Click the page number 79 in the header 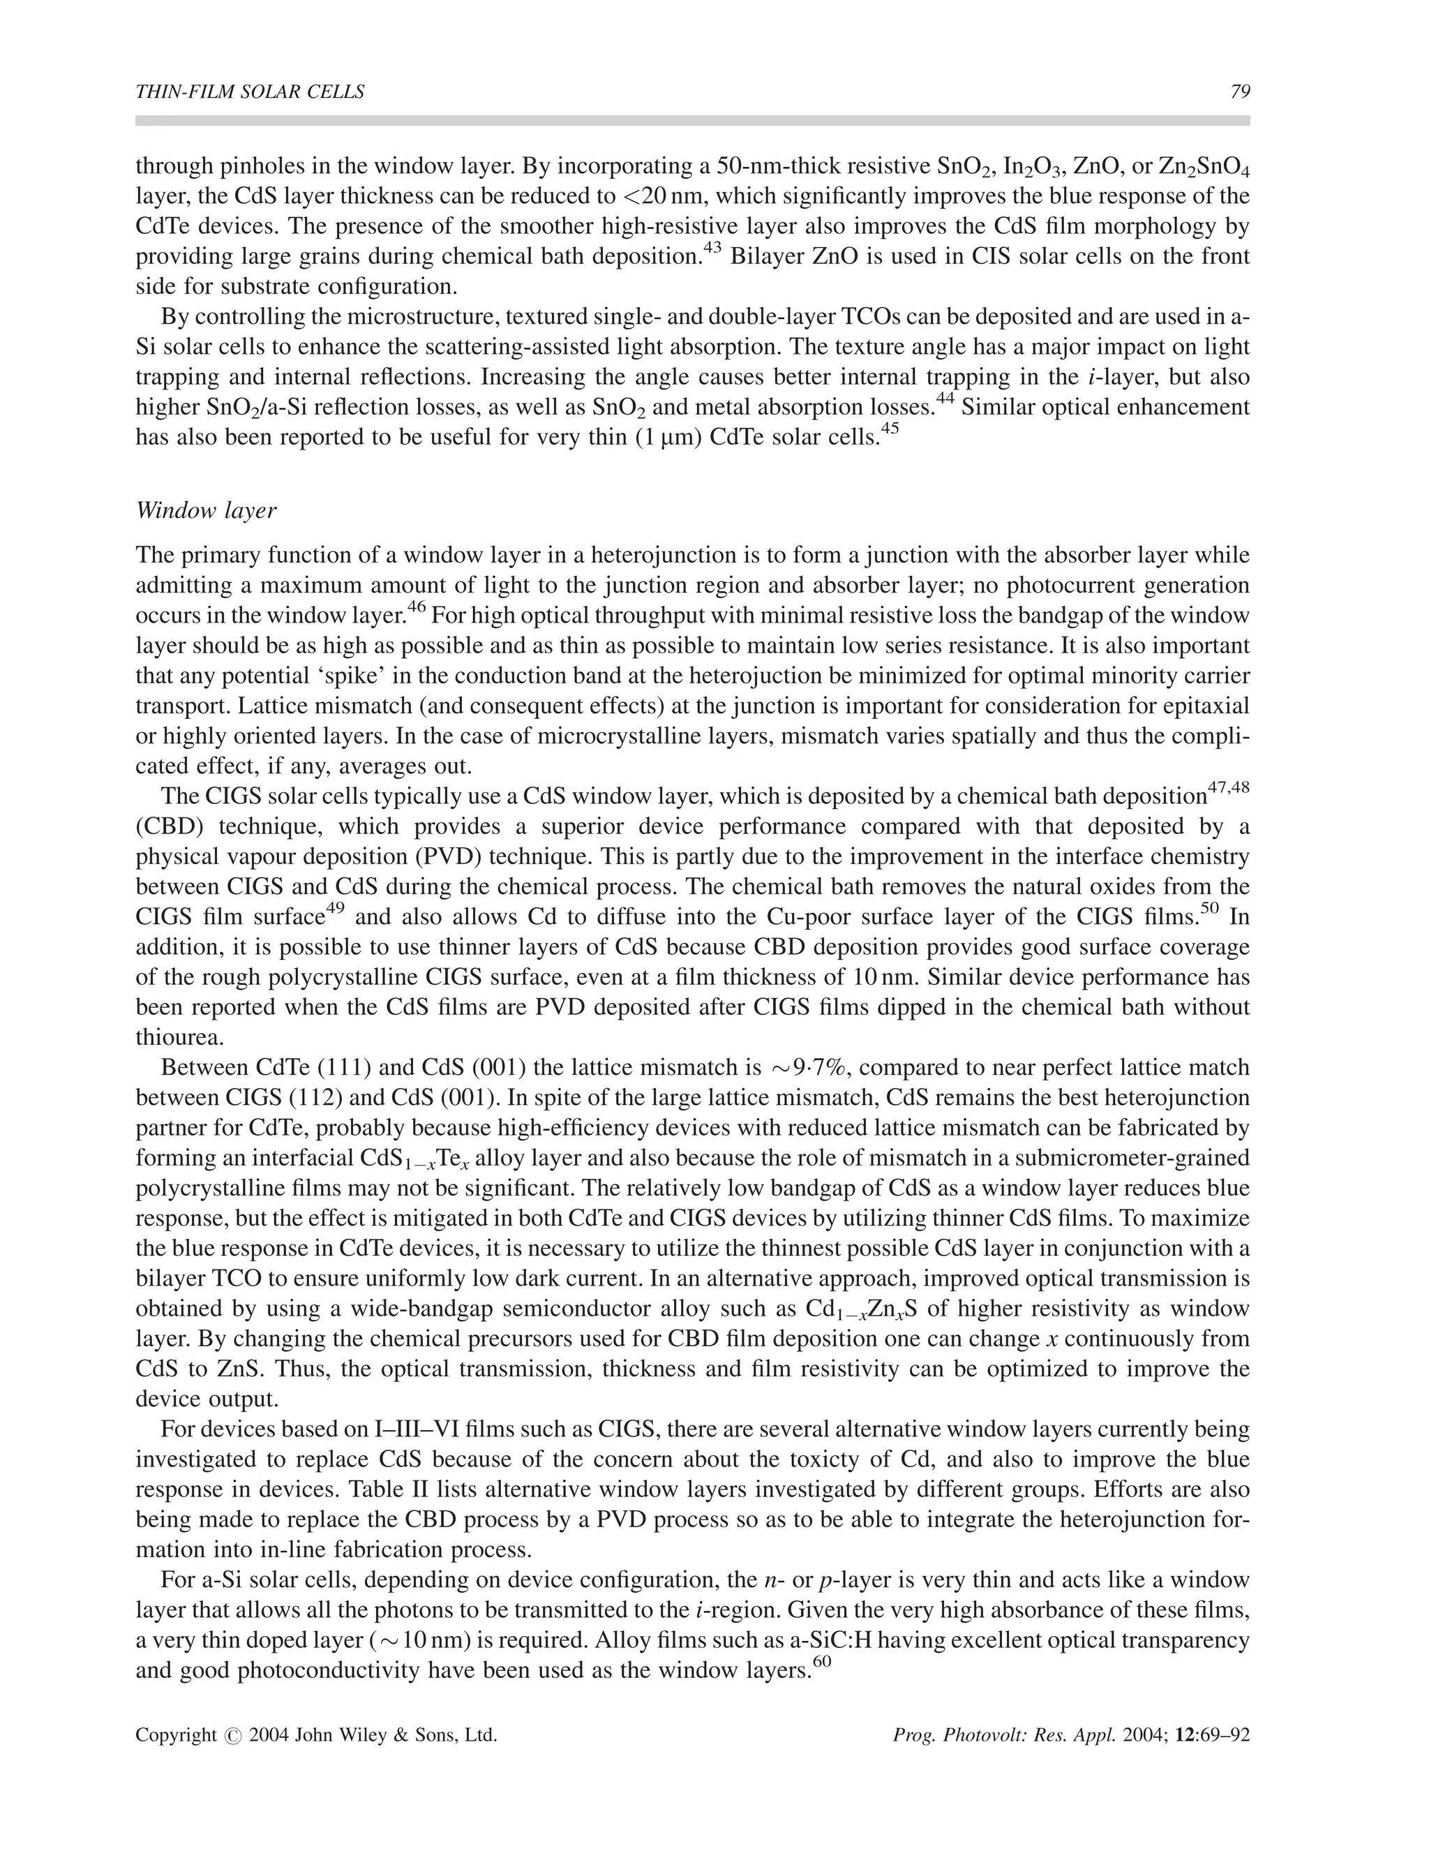point(1239,93)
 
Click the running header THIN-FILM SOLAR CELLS point(250,93)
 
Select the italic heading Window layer point(206,510)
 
